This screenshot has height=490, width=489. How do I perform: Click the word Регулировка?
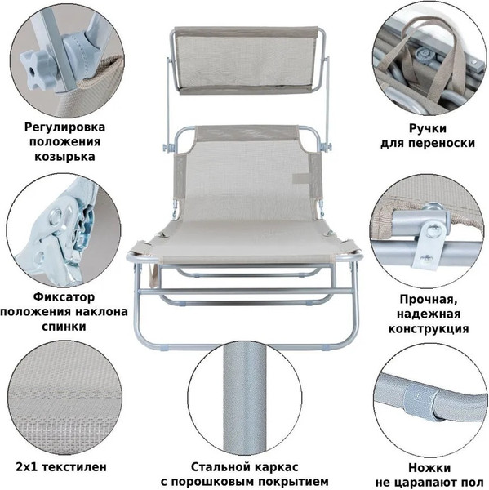(x=64, y=127)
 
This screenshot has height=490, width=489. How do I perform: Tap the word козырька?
(x=64, y=156)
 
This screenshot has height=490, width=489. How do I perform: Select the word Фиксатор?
(x=64, y=297)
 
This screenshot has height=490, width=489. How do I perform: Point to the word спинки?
(x=64, y=327)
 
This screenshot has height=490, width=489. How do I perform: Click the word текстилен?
(x=74, y=467)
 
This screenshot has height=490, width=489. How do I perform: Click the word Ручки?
(x=428, y=129)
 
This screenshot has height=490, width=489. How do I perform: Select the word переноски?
(x=442, y=144)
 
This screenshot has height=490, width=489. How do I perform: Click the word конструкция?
(x=429, y=329)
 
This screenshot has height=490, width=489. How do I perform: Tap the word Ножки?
(x=429, y=468)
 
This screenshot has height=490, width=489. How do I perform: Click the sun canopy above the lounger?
(x=247, y=60)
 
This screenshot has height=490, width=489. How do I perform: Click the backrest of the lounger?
(x=245, y=175)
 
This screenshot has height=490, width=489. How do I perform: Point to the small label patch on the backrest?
(x=300, y=178)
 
